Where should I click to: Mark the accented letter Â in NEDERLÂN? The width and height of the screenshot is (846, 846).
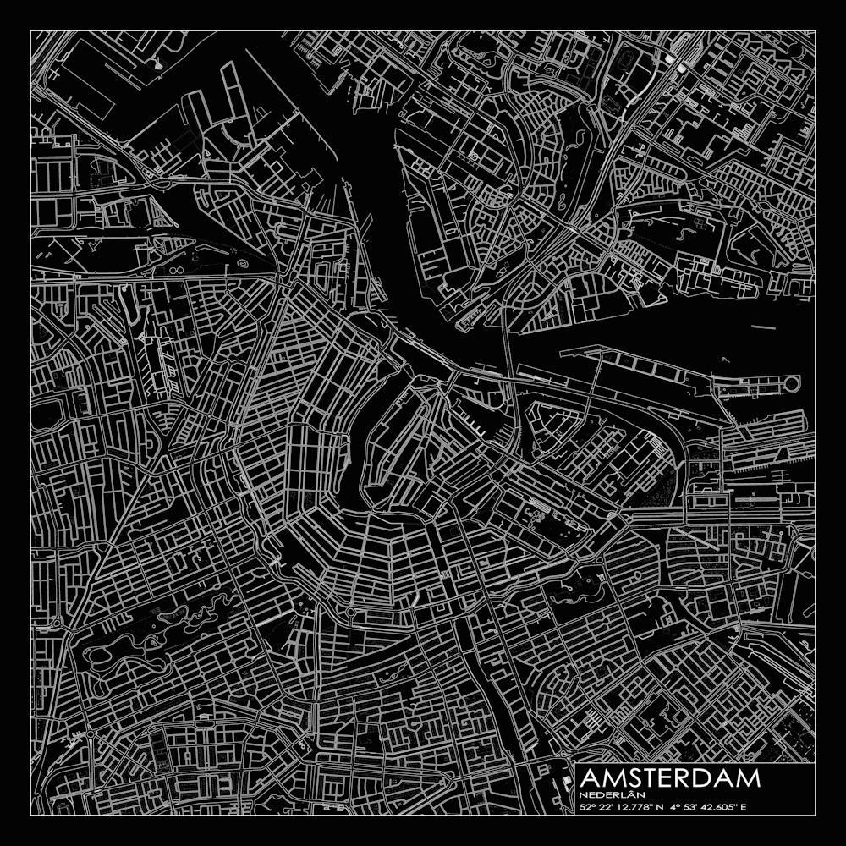coord(621,794)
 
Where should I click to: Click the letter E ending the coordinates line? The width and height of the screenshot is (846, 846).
coord(745,807)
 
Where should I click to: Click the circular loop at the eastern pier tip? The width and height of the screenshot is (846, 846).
coord(791,384)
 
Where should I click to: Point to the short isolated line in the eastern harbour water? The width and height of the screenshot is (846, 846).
coord(762,326)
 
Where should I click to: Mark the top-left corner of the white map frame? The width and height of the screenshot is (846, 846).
coord(30,30)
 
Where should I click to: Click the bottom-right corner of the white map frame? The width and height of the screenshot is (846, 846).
coord(816,816)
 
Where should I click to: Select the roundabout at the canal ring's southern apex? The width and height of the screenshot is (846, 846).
coord(349,611)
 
